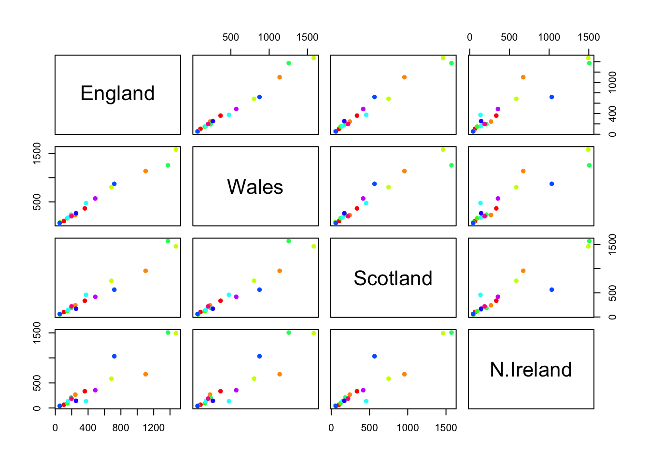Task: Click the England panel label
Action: click(117, 93)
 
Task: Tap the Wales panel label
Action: click(255, 187)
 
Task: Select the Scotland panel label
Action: click(393, 278)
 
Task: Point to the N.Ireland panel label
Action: click(531, 370)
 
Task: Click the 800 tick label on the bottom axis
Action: click(121, 428)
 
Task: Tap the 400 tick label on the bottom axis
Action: click(88, 428)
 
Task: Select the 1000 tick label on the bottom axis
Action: click(408, 428)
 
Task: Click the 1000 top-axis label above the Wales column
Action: click(269, 37)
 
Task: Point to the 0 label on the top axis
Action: click(470, 37)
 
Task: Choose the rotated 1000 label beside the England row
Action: click(612, 83)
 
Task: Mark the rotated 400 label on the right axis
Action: click(612, 114)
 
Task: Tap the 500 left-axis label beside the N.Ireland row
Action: click(37, 383)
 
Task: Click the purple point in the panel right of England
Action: click(236, 109)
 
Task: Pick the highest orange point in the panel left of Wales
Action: click(145, 171)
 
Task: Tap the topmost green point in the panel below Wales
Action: click(289, 241)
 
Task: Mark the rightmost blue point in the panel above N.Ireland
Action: click(551, 290)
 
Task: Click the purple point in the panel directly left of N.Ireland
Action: click(363, 390)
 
